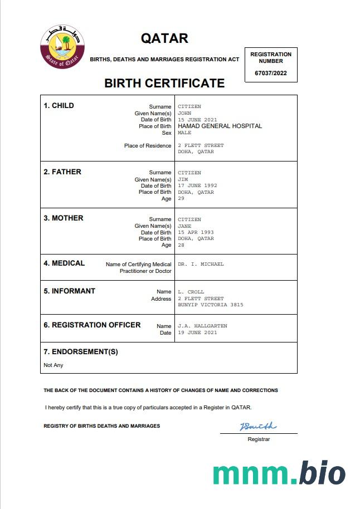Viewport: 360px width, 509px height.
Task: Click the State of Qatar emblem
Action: click(62, 48)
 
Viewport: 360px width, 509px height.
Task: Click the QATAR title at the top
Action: click(164, 38)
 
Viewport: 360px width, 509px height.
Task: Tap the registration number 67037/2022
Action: click(271, 73)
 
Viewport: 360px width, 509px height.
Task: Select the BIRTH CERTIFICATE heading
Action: click(164, 84)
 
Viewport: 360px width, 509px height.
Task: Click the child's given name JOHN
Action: click(184, 113)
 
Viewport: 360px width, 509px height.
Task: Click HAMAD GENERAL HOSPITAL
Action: click(220, 126)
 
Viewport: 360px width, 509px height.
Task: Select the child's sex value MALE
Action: click(184, 133)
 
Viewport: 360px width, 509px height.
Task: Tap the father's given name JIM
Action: click(183, 179)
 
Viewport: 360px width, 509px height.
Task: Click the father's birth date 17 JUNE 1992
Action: click(198, 185)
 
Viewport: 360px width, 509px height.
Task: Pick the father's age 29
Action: click(181, 198)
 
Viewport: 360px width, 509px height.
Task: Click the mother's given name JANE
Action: click(184, 226)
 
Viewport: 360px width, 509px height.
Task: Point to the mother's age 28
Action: click(181, 245)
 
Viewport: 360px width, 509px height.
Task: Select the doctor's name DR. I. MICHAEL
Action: click(201, 264)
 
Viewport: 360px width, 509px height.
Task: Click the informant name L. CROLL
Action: click(191, 292)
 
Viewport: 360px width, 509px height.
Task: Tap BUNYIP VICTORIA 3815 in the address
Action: click(211, 305)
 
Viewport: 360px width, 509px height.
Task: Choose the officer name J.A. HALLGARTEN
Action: click(202, 326)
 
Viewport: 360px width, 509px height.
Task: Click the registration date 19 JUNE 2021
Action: click(198, 332)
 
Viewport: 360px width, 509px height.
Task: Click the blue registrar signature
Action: click(258, 427)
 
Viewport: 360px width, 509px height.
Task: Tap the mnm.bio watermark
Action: click(279, 473)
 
